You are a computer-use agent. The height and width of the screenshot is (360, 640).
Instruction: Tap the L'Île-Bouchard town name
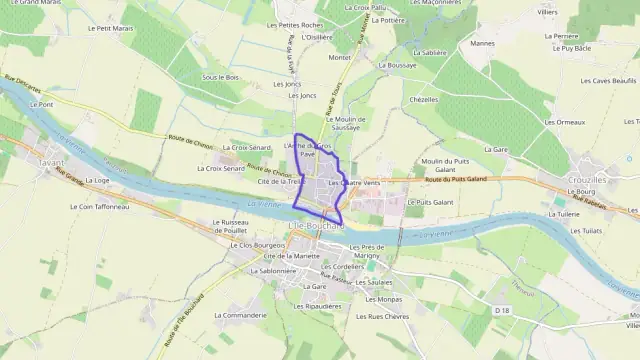[x=315, y=227]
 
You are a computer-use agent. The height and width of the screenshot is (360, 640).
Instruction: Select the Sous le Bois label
[x=221, y=77]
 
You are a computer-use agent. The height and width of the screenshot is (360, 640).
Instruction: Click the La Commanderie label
[x=240, y=315]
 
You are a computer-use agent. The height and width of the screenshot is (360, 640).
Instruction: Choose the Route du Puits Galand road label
[x=454, y=179]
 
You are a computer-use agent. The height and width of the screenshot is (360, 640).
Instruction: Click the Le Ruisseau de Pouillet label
[x=229, y=226]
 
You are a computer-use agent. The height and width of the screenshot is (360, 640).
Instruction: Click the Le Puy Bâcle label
[x=576, y=48]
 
